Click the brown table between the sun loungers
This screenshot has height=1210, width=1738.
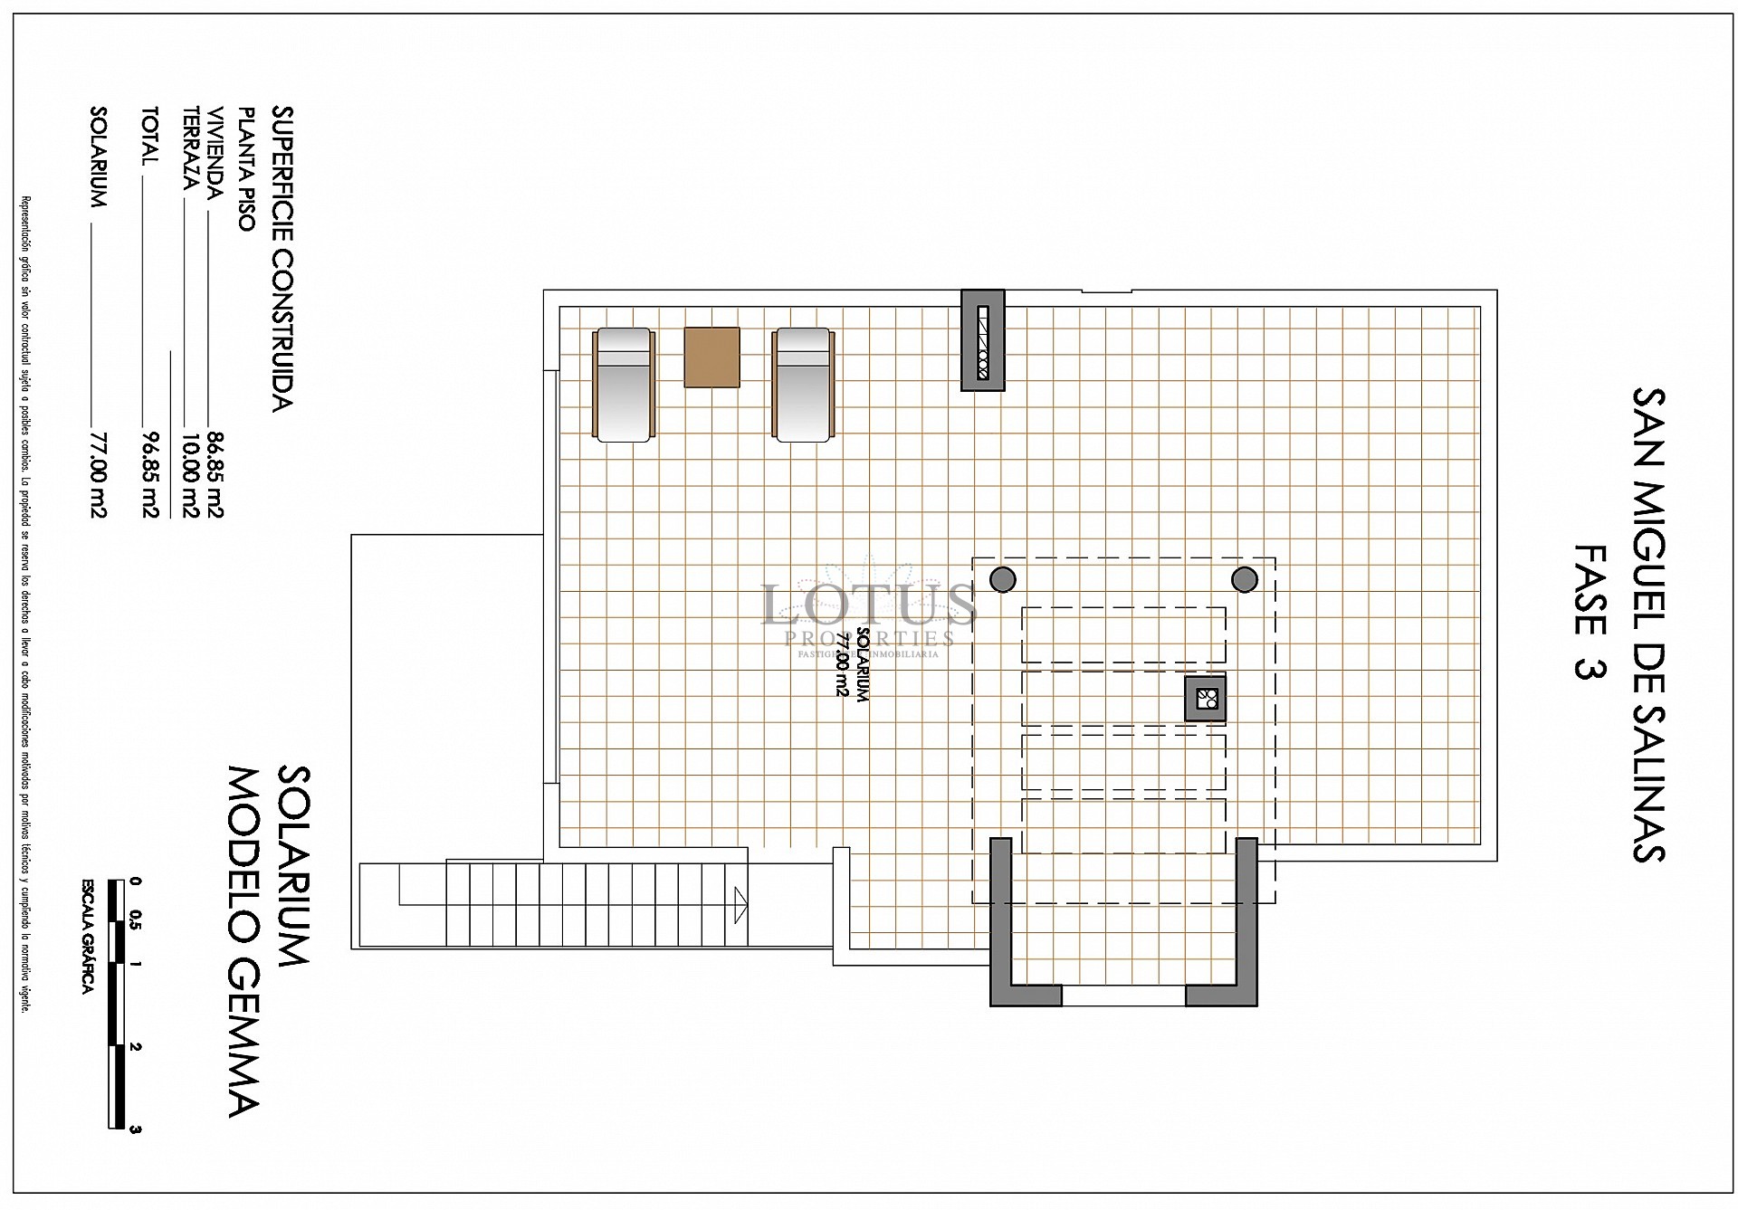[711, 357]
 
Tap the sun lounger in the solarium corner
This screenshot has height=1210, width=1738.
[623, 385]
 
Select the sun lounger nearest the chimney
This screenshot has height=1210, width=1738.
[802, 385]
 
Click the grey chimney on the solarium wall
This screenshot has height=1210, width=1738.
[983, 340]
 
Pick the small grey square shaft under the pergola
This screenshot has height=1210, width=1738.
[1206, 698]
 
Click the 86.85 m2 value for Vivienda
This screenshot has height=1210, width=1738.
[215, 475]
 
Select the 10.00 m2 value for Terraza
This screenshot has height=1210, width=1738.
[190, 475]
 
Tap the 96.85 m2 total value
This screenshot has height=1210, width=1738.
[150, 475]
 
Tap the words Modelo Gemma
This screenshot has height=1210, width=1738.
[244, 941]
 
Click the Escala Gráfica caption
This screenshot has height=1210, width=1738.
[88, 938]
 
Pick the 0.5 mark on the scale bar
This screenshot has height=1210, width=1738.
[136, 920]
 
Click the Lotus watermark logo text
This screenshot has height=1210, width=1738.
[867, 605]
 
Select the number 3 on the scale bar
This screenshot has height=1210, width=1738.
[136, 1128]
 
